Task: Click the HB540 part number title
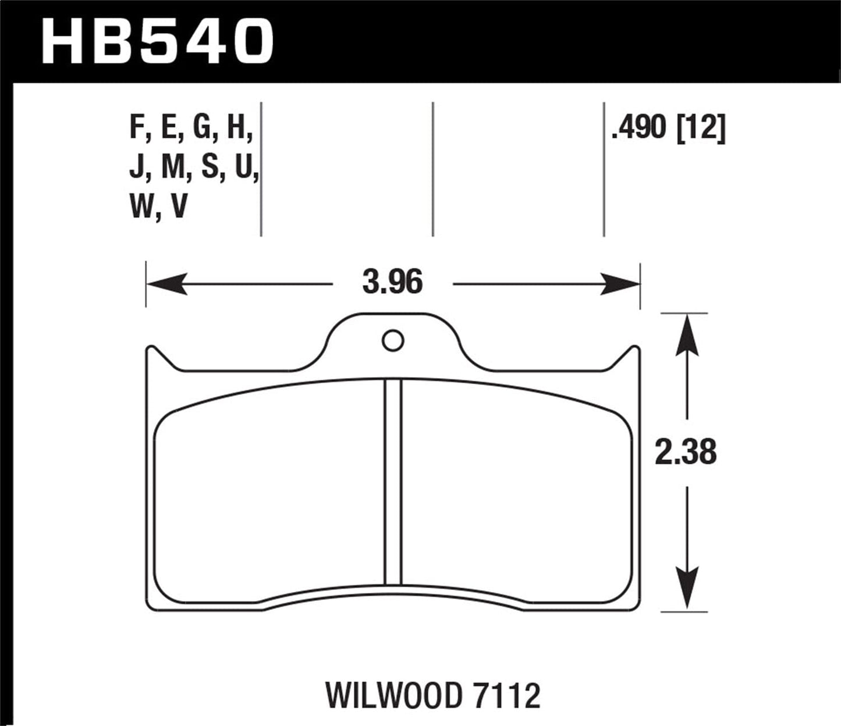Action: pyautogui.click(x=158, y=41)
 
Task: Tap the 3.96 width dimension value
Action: pyautogui.click(x=392, y=283)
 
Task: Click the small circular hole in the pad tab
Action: pyautogui.click(x=393, y=341)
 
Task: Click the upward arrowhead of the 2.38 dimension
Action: pyautogui.click(x=687, y=334)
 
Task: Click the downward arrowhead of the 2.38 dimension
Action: pyautogui.click(x=687, y=590)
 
